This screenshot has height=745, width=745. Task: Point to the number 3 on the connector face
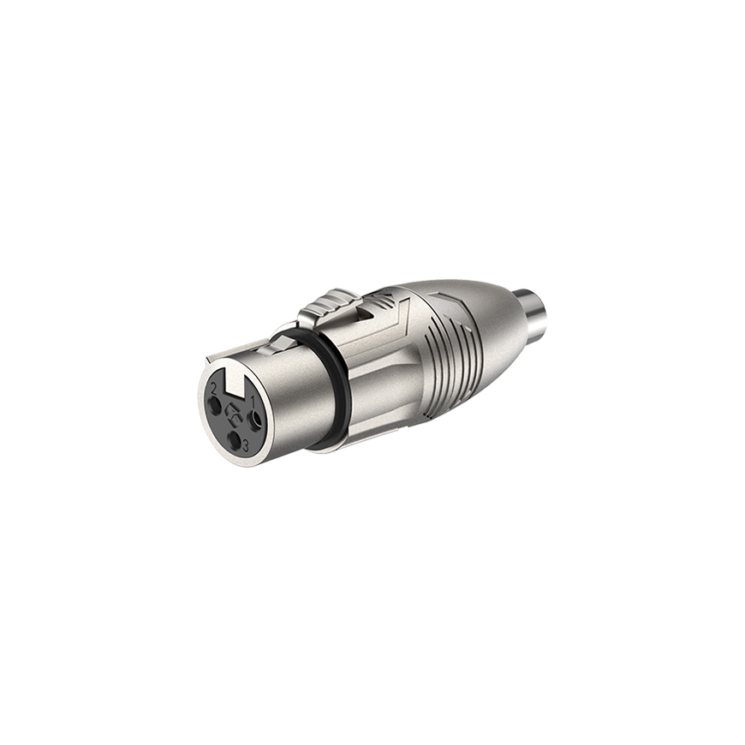246,445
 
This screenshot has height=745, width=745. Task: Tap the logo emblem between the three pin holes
233,413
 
